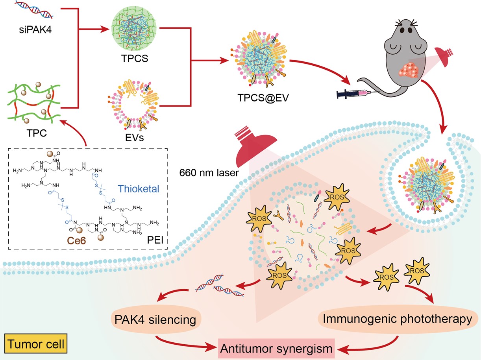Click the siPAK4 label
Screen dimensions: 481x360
pyautogui.click(x=35, y=30)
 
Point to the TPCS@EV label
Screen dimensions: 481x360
pyautogui.click(x=263, y=98)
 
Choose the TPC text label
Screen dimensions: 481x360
pyautogui.click(x=37, y=133)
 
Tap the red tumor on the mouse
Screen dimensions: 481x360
pyautogui.click(x=409, y=70)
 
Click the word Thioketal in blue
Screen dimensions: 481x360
pyautogui.click(x=138, y=189)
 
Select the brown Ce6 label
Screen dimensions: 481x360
pyautogui.click(x=76, y=241)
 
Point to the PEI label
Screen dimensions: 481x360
pyautogui.click(x=155, y=240)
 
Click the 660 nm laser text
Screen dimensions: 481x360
pyautogui.click(x=209, y=173)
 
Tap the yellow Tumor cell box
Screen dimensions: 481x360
pyautogui.click(x=36, y=343)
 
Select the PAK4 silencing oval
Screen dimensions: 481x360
pyautogui.click(x=155, y=320)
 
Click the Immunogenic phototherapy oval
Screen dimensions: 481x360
pyautogui.click(x=397, y=319)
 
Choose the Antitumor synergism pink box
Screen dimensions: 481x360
pyautogui.click(x=276, y=348)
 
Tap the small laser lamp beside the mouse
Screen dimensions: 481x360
pyautogui.click(x=444, y=57)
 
